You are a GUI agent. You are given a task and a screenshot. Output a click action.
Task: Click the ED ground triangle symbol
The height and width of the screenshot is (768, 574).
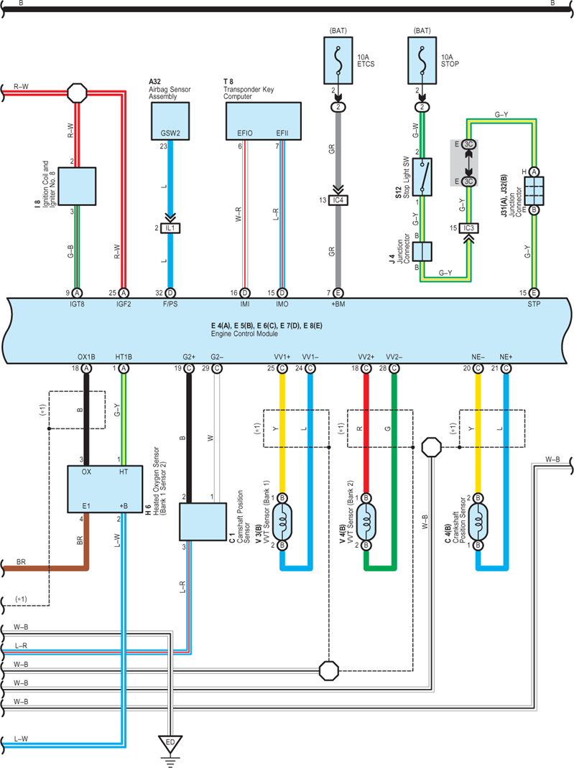click(x=170, y=744)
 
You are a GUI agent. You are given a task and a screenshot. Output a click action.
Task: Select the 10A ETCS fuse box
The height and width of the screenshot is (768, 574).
click(x=338, y=60)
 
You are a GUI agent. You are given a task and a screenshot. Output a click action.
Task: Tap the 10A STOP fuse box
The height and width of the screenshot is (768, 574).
click(x=422, y=60)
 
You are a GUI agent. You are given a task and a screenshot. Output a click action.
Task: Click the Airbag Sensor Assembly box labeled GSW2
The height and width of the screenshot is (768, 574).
click(x=170, y=121)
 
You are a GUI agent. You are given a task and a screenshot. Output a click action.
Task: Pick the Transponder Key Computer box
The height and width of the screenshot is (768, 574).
click(x=263, y=121)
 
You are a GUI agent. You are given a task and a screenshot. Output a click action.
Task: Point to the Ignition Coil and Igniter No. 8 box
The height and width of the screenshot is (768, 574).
click(x=77, y=186)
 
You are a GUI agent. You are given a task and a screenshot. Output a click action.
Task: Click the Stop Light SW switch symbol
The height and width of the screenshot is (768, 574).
click(x=422, y=177)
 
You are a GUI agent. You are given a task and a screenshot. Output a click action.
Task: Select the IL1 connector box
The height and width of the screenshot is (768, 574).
click(x=170, y=228)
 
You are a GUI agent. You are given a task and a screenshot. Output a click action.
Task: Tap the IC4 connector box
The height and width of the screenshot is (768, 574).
click(x=338, y=200)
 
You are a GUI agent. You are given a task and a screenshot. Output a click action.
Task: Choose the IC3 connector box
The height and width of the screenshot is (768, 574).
click(x=469, y=228)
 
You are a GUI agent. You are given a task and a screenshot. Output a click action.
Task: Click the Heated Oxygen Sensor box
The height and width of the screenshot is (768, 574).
click(x=105, y=490)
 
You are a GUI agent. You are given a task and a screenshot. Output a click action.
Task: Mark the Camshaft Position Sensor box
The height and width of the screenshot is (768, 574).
click(x=203, y=522)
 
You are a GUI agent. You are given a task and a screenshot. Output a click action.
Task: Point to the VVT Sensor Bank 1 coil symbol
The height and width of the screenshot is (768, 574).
click(x=282, y=522)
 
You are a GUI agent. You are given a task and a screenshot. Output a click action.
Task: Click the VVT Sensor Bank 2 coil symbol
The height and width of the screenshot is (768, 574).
click(x=366, y=522)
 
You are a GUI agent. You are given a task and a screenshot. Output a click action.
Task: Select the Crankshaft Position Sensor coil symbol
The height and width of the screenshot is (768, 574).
click(x=478, y=522)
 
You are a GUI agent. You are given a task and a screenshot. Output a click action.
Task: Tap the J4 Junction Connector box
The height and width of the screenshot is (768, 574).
click(x=422, y=251)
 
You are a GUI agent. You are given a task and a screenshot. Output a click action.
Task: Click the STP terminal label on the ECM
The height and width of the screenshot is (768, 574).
click(x=534, y=304)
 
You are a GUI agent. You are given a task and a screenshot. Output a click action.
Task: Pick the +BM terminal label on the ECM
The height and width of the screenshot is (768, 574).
click(x=338, y=304)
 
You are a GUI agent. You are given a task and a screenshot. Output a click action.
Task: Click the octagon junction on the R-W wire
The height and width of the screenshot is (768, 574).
click(x=77, y=93)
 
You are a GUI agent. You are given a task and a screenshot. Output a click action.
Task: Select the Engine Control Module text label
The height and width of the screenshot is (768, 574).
click(x=244, y=334)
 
